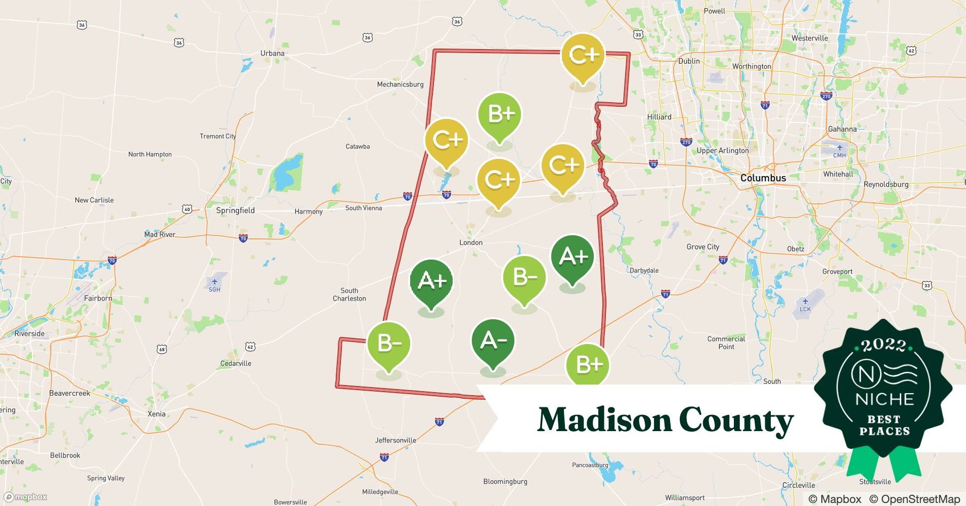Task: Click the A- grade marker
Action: pyautogui.click(x=493, y=341)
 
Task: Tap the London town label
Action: pyautogui.click(x=470, y=243)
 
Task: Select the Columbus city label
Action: pyautogui.click(x=763, y=178)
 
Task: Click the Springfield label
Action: pyautogui.click(x=235, y=210)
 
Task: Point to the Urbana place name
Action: pyautogui.click(x=272, y=53)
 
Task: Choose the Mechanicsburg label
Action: pyautogui.click(x=400, y=85)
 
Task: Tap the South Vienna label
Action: pyautogui.click(x=364, y=208)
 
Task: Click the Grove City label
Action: pyautogui.click(x=702, y=247)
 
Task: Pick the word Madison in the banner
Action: pyautogui.click(x=603, y=420)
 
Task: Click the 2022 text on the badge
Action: pyautogui.click(x=884, y=346)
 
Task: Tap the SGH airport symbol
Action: pyautogui.click(x=214, y=282)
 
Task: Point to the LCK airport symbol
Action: pyautogui.click(x=805, y=302)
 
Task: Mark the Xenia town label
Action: pyautogui.click(x=156, y=414)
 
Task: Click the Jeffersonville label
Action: pyautogui.click(x=396, y=440)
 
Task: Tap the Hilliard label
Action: pyautogui.click(x=659, y=117)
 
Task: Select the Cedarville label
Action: pyautogui.click(x=236, y=363)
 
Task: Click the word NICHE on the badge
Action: pyautogui.click(x=885, y=399)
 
